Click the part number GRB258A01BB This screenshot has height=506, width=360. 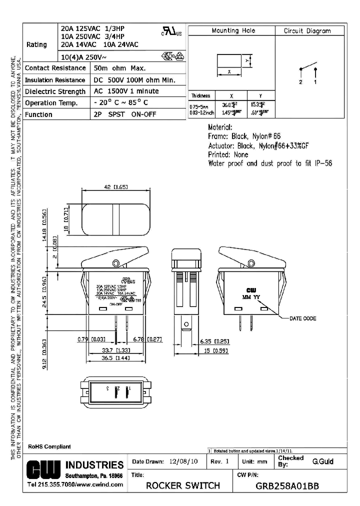(x=287, y=485)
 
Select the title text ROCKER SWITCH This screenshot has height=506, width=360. (x=182, y=485)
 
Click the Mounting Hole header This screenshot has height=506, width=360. (x=233, y=31)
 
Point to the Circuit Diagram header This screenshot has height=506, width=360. (x=307, y=31)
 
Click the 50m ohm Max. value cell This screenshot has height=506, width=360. (x=119, y=68)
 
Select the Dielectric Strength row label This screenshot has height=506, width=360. (x=55, y=91)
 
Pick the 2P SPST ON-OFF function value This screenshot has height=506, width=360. (x=124, y=114)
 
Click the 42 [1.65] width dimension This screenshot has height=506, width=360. (x=115, y=186)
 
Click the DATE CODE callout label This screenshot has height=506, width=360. (x=302, y=318)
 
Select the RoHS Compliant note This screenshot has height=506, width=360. (x=49, y=446)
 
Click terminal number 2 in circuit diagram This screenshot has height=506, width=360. (x=301, y=82)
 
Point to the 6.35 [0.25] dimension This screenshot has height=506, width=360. (x=214, y=341)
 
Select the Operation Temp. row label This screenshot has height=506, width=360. (x=51, y=103)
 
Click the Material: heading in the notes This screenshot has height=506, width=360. (x=220, y=127)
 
